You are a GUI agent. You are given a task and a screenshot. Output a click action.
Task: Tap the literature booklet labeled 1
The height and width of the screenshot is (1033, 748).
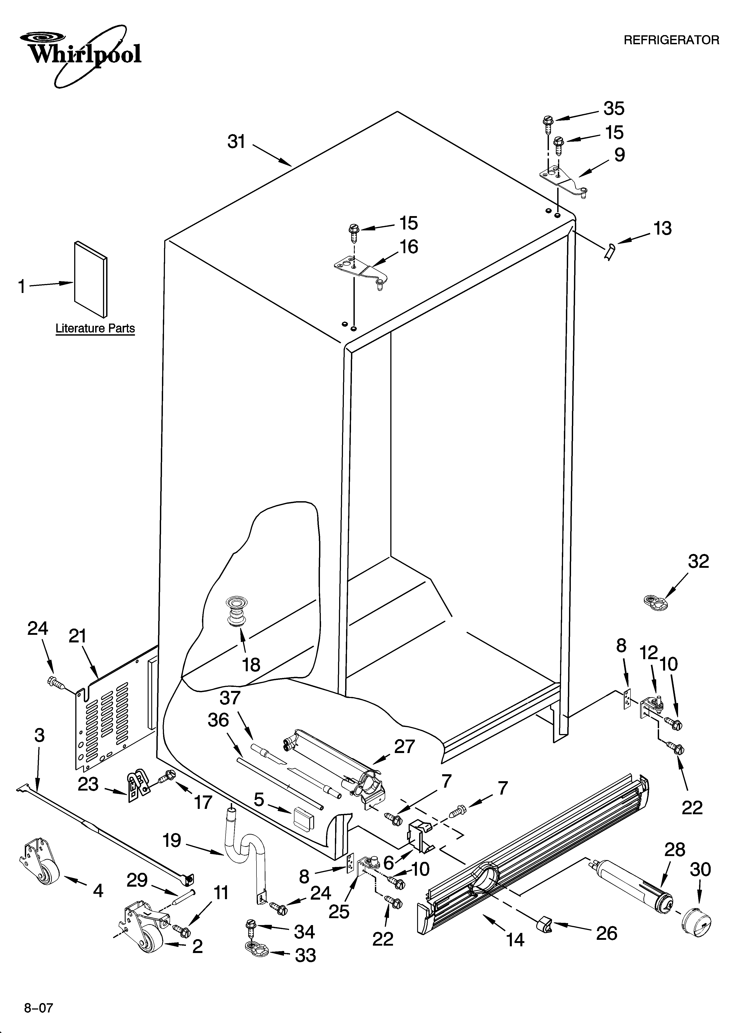coord(91,279)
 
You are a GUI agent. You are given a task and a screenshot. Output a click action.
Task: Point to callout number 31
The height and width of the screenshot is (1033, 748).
coord(236,142)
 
